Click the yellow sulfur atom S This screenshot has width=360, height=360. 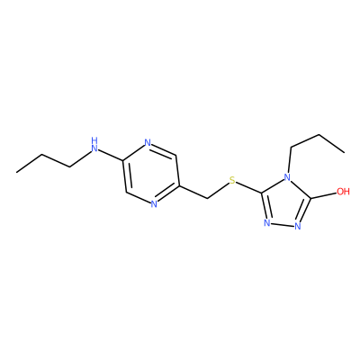[x=232, y=181]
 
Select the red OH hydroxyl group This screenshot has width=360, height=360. [x=343, y=192]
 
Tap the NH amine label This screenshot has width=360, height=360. [x=94, y=145]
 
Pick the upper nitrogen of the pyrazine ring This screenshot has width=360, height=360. [x=148, y=143]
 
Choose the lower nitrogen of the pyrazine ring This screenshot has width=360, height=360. [x=154, y=204]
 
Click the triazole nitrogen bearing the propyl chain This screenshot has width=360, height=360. [x=287, y=177]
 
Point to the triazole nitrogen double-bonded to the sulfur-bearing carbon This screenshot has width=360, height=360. [x=267, y=223]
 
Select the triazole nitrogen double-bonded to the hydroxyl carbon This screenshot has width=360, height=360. [x=298, y=226]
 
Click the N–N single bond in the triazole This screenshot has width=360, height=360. [x=283, y=224]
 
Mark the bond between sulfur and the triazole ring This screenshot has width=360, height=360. [x=249, y=187]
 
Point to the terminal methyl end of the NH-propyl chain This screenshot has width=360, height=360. [x=17, y=172]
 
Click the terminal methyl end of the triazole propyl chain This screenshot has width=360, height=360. [x=344, y=153]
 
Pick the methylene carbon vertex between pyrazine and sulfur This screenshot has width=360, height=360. [x=207, y=199]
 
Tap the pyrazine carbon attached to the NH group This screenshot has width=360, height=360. [x=122, y=160]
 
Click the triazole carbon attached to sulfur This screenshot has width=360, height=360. [x=262, y=193]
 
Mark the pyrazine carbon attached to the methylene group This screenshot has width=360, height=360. [x=179, y=186]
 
